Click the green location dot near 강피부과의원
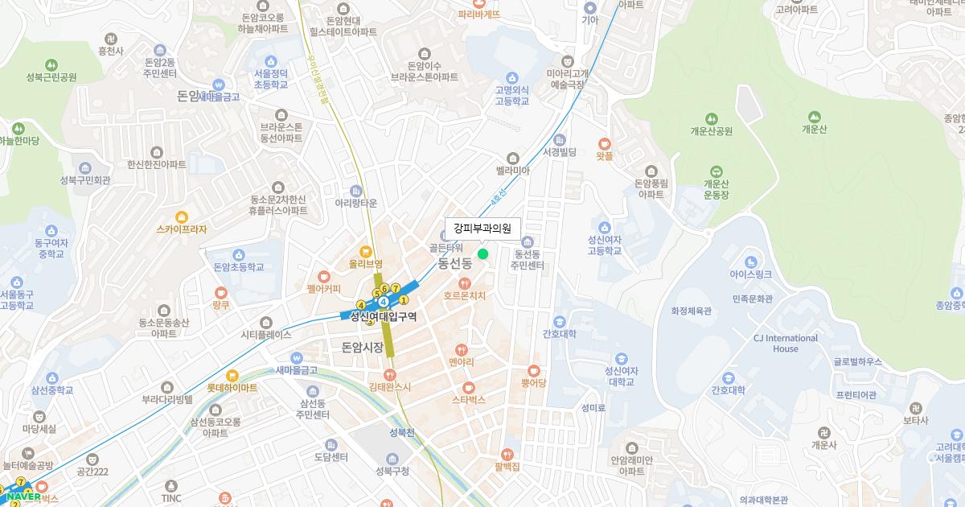tap(482, 253)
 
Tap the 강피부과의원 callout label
tap(482, 228)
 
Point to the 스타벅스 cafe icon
tap(468, 387)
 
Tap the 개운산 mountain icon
tap(814, 117)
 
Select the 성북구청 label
tap(392, 471)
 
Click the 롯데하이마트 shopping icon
tap(232, 375)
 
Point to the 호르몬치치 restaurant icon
tap(465, 283)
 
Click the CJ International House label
tap(785, 344)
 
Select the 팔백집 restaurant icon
tap(507, 455)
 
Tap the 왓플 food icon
tap(605, 145)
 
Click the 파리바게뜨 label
tap(479, 14)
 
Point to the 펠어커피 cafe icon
tap(324, 276)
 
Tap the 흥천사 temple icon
tap(110, 38)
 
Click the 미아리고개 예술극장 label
tap(568, 78)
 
